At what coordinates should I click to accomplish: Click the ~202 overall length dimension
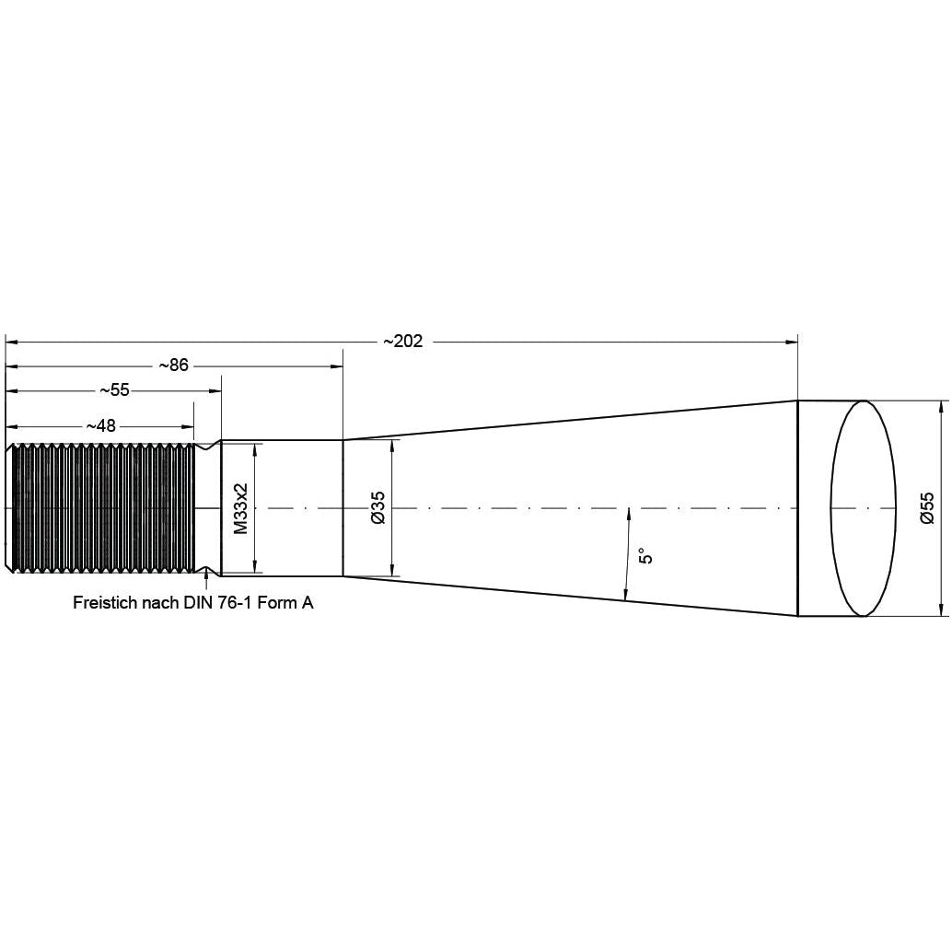(403, 342)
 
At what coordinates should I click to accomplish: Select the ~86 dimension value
(173, 366)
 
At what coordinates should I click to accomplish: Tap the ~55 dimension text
(114, 390)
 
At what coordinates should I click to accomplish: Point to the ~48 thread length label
(101, 426)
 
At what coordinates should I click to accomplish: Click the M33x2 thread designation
(240, 508)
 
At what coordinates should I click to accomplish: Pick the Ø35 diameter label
(377, 508)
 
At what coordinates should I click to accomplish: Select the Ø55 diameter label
(926, 508)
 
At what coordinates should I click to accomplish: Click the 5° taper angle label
(644, 556)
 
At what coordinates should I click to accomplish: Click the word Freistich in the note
(103, 603)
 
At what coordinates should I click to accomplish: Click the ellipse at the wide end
(864, 508)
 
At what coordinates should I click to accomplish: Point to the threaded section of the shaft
(101, 508)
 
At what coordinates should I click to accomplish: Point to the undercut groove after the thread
(208, 508)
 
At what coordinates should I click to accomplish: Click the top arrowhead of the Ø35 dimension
(393, 446)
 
